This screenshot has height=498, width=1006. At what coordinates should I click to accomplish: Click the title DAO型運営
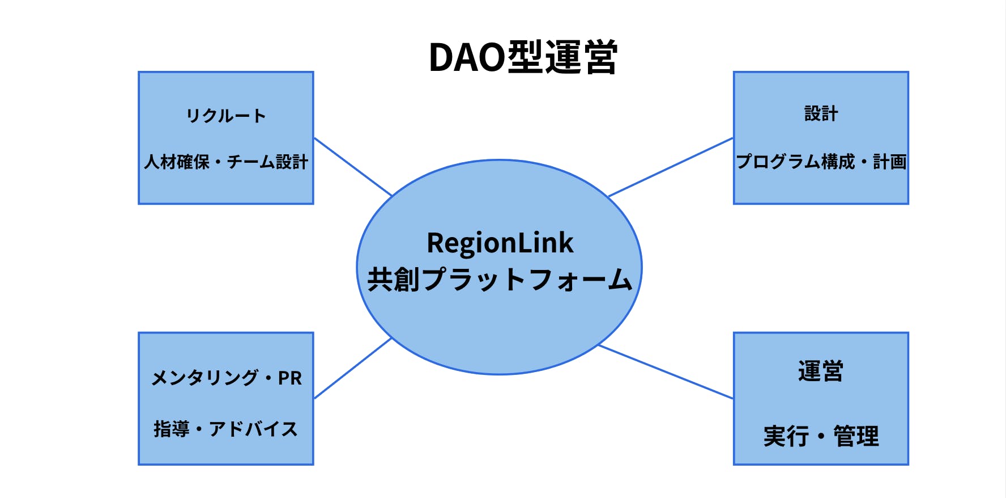523,57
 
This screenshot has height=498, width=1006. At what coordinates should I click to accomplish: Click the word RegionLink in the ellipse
500,243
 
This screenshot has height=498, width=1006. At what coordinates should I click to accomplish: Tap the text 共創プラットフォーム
500,280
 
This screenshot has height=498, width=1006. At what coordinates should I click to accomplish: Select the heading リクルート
226,116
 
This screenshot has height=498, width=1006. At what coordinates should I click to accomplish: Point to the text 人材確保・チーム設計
226,162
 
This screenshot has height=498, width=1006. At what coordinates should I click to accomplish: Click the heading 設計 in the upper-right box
821,113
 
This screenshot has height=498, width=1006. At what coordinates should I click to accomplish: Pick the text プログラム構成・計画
821,162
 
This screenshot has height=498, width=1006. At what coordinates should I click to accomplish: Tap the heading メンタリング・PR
226,378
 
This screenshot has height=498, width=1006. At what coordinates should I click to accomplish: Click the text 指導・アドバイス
226,429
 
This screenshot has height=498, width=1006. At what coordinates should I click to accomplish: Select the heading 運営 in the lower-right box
821,372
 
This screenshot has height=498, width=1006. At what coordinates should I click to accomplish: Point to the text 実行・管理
821,436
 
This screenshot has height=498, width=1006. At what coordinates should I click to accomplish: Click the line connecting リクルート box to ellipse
353,166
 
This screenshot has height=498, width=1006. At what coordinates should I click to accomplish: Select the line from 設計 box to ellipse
671,167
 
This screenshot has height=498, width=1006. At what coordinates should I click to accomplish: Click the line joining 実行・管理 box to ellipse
666,372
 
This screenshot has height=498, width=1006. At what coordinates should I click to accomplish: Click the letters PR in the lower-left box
290,378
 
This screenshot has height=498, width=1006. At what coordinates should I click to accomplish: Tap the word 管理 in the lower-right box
856,436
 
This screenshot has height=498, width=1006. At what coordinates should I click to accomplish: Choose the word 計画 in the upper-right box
889,162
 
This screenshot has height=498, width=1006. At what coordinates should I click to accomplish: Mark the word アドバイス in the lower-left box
253,429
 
